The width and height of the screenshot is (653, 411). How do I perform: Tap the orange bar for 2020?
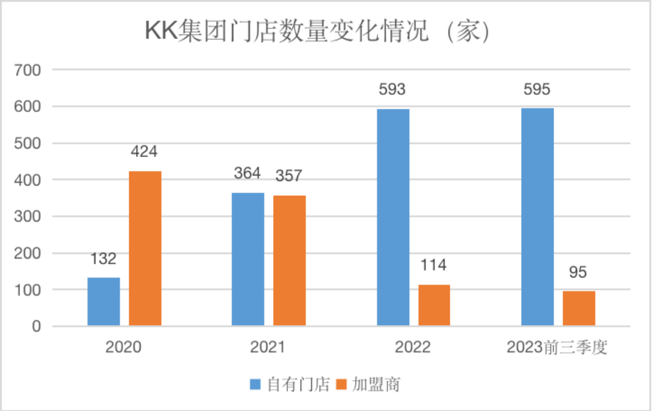[x=145, y=248]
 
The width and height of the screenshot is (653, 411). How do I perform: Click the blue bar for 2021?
[x=248, y=259]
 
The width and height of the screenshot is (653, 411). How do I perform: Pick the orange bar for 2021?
[x=289, y=260]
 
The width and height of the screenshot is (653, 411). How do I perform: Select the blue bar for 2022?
[x=393, y=217]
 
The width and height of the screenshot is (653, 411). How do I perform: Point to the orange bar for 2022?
[x=434, y=305]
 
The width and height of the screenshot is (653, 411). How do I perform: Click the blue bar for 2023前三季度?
[x=538, y=217]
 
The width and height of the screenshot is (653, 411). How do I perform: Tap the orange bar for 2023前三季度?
[x=579, y=308]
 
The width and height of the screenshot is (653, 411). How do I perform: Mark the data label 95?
[x=578, y=272]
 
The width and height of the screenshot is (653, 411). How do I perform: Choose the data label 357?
[x=289, y=176]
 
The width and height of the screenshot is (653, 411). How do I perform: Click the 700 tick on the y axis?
[x=29, y=70]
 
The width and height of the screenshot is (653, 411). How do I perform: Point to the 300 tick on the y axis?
[x=29, y=217]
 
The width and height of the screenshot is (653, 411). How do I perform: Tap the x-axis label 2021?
[x=267, y=348]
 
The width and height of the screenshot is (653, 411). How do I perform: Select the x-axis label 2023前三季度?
[x=557, y=348]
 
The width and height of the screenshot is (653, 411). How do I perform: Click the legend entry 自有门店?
[x=290, y=384]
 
